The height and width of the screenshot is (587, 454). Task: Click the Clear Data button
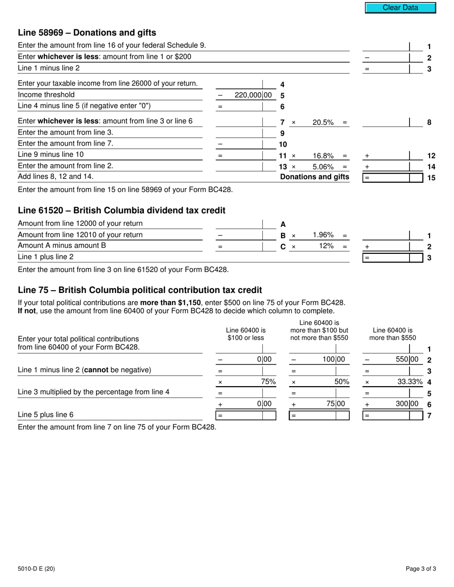point(400,8)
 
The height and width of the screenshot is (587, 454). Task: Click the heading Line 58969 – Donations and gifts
point(87,32)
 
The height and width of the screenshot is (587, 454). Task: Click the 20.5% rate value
point(323,122)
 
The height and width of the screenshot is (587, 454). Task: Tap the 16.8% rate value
point(323,156)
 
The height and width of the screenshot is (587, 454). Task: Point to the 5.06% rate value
point(323,167)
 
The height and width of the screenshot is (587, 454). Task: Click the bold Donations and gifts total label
point(314,177)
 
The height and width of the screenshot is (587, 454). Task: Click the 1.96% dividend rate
point(323,235)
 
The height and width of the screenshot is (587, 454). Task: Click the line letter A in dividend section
point(283,224)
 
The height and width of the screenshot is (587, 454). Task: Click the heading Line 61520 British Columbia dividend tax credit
point(121,210)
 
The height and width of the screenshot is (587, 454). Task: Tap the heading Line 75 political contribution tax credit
point(140,290)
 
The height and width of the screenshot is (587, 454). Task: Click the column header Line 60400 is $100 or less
point(246,334)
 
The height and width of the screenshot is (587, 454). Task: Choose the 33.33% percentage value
point(410,381)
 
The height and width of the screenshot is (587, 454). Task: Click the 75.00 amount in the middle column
point(335,404)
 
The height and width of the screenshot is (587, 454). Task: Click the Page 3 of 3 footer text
point(421,568)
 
